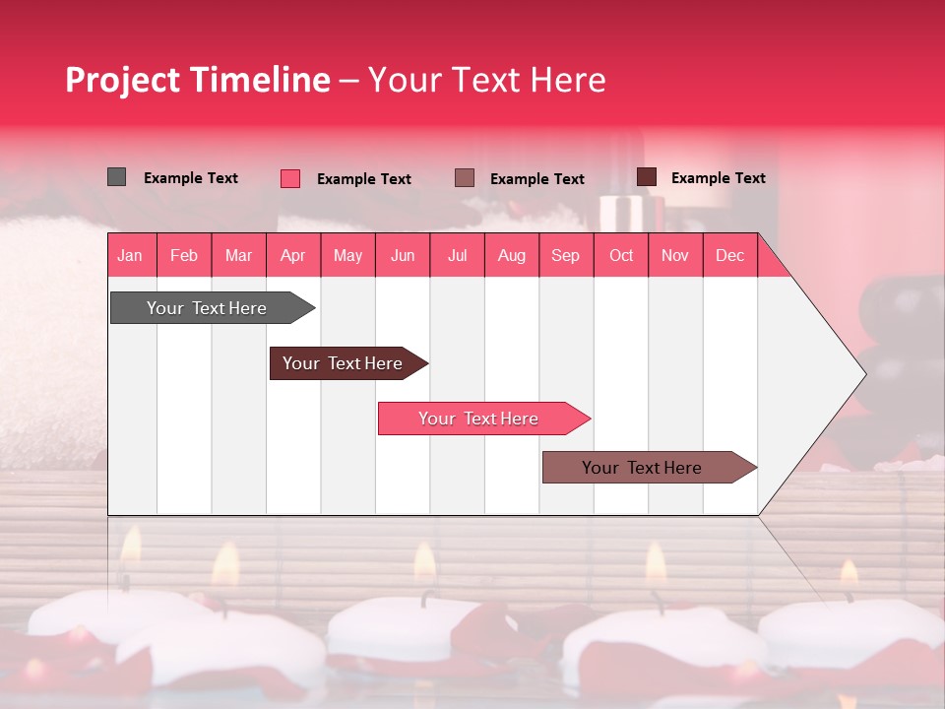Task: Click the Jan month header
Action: [x=130, y=256]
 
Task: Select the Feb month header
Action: [x=184, y=256]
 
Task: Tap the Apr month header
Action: [x=293, y=256]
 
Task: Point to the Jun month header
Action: [x=403, y=256]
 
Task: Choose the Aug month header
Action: [x=512, y=256]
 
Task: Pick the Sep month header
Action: [x=566, y=256]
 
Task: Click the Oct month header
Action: [x=621, y=256]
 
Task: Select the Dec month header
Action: [x=730, y=256]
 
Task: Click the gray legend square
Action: [x=117, y=177]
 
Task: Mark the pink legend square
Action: [x=290, y=178]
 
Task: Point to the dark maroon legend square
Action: [x=647, y=177]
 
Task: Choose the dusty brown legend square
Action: [x=465, y=178]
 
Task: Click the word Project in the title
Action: [x=122, y=80]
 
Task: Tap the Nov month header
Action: [x=675, y=256]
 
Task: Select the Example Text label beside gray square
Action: [x=191, y=178]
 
